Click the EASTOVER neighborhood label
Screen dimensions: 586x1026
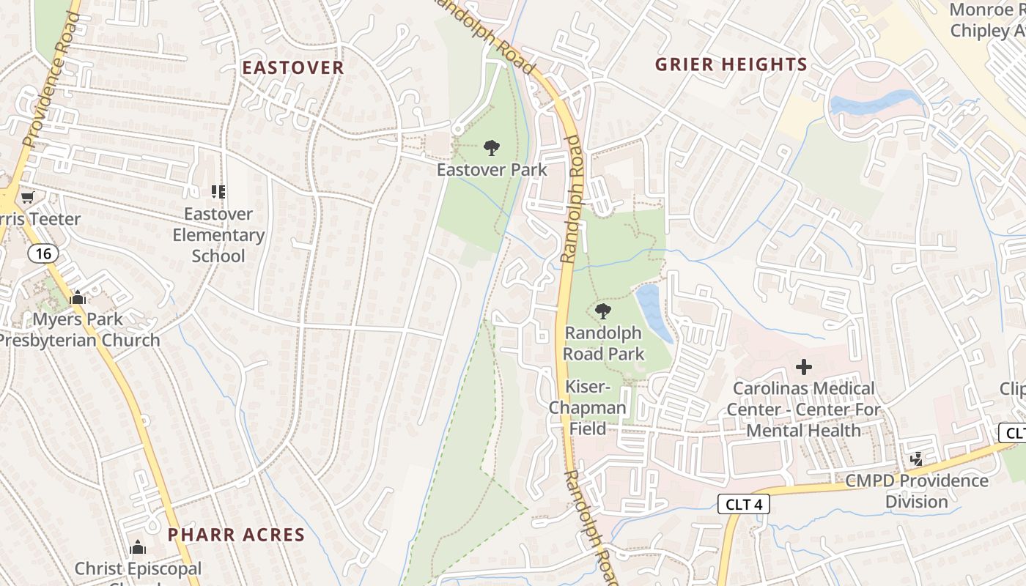tap(293, 68)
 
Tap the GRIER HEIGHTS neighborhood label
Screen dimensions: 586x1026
tap(731, 64)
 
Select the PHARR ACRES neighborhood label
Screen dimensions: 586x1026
tap(236, 534)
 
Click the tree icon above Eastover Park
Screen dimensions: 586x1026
tap(492, 149)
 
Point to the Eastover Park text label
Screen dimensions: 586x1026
tap(492, 170)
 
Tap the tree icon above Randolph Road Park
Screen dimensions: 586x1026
tap(603, 311)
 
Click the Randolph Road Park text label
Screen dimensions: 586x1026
tap(604, 344)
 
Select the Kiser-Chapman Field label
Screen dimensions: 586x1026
tap(588, 407)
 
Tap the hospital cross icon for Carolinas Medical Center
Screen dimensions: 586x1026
tap(804, 366)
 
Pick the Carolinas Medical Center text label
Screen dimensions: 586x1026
tap(804, 409)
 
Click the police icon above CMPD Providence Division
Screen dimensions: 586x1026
tap(915, 459)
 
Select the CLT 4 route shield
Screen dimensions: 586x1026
tap(744, 504)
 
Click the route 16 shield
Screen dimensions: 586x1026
tap(43, 253)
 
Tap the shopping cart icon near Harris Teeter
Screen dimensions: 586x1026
tap(28, 197)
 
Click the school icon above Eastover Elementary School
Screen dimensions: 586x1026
tap(218, 192)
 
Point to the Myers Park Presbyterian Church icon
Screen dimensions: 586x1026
tap(78, 298)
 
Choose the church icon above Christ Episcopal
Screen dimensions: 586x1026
tap(138, 548)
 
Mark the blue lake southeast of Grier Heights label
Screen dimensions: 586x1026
tap(872, 103)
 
